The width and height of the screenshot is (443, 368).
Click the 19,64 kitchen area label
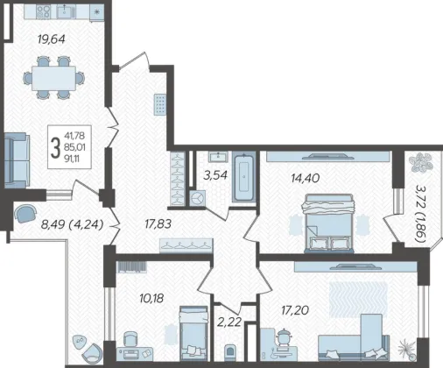[x=52, y=39]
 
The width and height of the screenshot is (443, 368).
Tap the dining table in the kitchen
[x=53, y=78]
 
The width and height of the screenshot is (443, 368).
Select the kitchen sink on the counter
[x=67, y=12]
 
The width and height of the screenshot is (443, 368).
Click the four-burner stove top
[x=43, y=12]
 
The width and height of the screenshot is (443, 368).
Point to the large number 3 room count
[x=55, y=148]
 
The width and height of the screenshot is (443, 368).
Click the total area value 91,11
[x=73, y=159]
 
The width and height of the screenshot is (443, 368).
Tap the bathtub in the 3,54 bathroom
[x=243, y=178]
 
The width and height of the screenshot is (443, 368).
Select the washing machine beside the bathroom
[x=198, y=198]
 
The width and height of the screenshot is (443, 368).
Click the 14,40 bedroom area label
[x=306, y=178]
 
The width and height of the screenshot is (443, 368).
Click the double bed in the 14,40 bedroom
[x=328, y=223]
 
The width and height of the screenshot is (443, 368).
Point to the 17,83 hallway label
[x=158, y=224]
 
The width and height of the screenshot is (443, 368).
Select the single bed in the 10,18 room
[x=193, y=333]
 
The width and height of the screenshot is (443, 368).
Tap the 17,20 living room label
[x=295, y=310]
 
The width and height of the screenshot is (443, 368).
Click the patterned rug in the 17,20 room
[x=358, y=300]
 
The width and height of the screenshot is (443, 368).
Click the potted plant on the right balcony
[x=420, y=162]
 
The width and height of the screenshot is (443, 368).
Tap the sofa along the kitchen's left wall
[x=17, y=160]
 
